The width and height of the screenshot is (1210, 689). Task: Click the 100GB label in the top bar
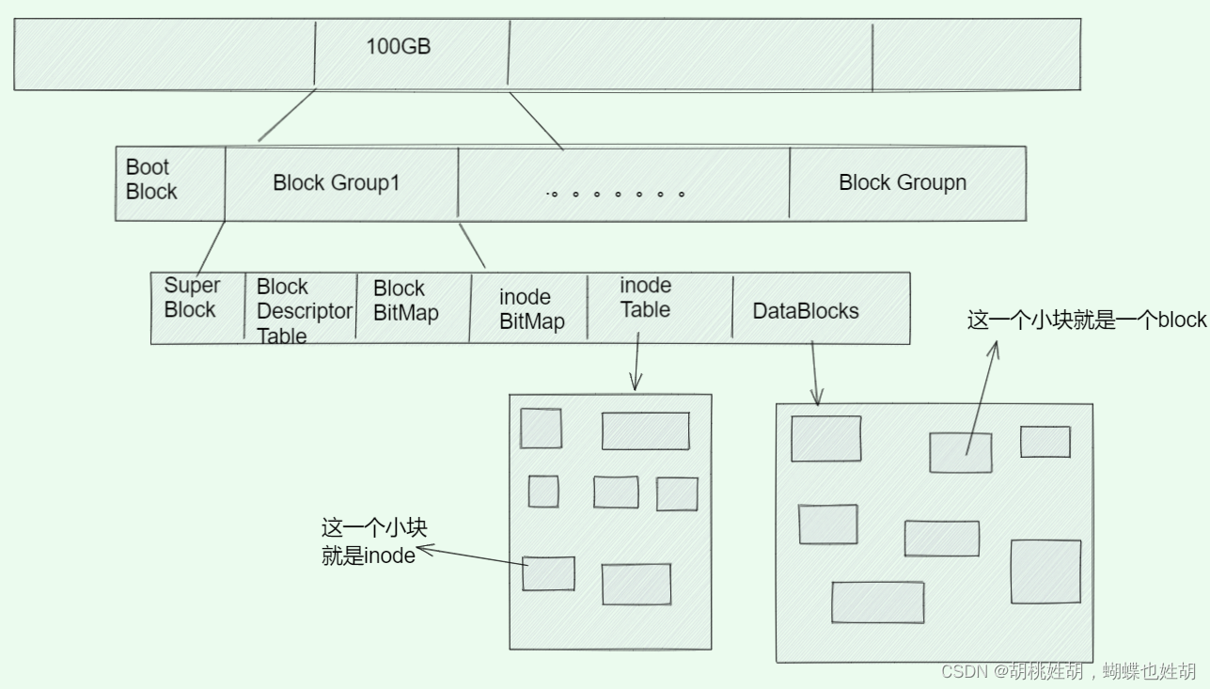[x=398, y=46]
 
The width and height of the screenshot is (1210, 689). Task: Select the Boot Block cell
[x=151, y=180]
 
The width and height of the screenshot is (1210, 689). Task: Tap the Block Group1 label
[x=336, y=182]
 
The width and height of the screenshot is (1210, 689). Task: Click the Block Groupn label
[x=902, y=182]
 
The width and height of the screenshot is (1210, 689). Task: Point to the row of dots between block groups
[x=616, y=195]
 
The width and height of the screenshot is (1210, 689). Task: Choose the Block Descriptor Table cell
[x=302, y=310]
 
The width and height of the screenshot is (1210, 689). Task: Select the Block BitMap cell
[x=405, y=301]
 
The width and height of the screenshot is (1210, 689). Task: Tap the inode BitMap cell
[x=531, y=309]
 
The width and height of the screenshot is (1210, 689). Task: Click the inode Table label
[x=645, y=297]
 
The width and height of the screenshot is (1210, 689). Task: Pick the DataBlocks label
[x=805, y=311]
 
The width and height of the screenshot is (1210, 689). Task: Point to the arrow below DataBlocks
[x=814, y=370]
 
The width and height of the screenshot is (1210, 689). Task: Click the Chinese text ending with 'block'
[x=1086, y=321]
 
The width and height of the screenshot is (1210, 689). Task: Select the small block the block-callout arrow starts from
[x=960, y=453]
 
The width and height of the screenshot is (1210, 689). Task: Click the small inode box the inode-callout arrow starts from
[x=548, y=573]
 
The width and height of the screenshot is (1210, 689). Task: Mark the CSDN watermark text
[x=1068, y=671]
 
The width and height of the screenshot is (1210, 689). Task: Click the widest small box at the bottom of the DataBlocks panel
[x=877, y=603]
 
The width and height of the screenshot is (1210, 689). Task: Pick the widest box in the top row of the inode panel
[x=645, y=431]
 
